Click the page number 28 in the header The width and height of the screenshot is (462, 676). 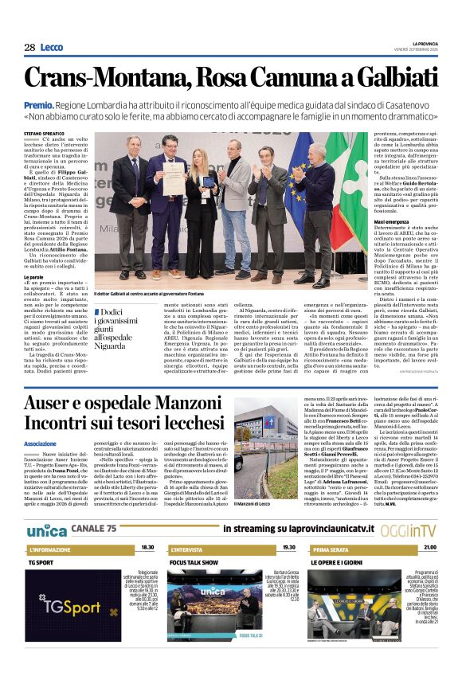point(29,47)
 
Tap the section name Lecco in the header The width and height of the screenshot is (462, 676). point(52,47)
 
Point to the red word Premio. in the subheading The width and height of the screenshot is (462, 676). point(61,104)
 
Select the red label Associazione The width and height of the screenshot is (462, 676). point(41,444)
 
